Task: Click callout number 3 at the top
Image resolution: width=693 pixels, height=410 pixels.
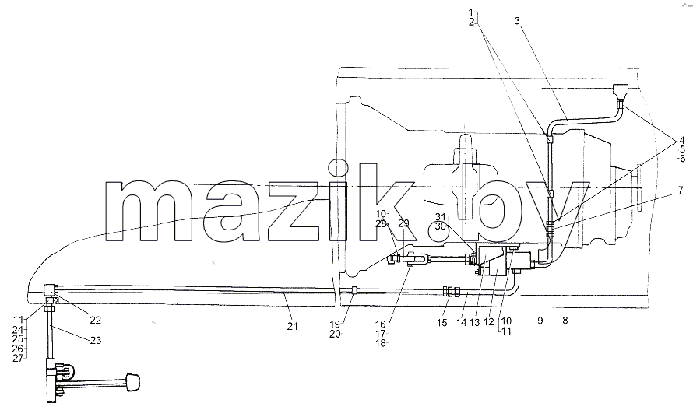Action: pos(517,20)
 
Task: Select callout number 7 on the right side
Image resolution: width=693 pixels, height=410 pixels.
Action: pos(681,191)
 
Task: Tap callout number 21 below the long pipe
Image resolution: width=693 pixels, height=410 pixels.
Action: pos(292,327)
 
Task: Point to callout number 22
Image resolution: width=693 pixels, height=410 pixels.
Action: pos(96,321)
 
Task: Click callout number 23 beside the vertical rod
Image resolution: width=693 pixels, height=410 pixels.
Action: pos(96,340)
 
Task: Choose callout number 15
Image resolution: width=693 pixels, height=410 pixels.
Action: pos(442,323)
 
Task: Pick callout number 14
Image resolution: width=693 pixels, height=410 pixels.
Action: pos(461,323)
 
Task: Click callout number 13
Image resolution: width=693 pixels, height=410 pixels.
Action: pos(474,323)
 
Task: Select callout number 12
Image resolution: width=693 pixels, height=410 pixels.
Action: pos(488,323)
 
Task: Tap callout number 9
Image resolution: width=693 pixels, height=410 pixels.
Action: pos(540,321)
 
